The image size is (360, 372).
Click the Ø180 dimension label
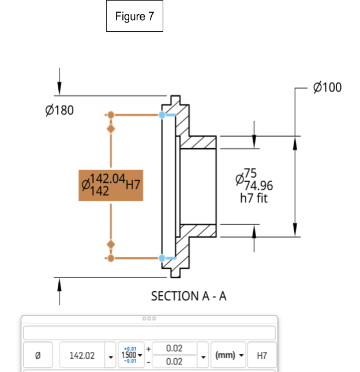[59, 110]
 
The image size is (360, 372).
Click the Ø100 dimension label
[327, 88]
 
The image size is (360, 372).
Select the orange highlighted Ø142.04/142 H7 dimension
[111, 185]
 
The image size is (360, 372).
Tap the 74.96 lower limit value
[258, 186]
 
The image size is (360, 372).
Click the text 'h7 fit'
[254, 198]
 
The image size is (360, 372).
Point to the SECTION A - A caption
[189, 296]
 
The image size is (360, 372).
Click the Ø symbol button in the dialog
[37, 355]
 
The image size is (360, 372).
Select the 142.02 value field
[82, 355]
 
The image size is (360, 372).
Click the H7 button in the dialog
[261, 355]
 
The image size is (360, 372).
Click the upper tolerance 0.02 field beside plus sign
[174, 348]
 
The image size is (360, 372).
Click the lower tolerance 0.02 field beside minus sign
[174, 362]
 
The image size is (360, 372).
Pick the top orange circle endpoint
[111, 115]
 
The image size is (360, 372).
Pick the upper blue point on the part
[162, 115]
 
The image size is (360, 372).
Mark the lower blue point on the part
[162, 258]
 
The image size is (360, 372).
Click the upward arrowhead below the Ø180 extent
[59, 282]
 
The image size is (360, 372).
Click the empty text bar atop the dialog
[149, 333]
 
